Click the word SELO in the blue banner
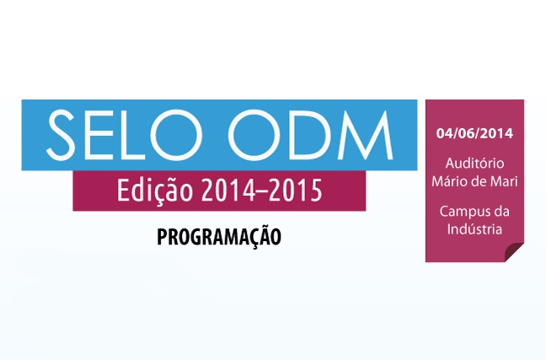[x=125, y=135]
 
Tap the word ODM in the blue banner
[x=311, y=135]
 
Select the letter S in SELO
[x=62, y=135]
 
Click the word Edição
[x=155, y=191]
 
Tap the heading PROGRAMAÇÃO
[x=219, y=237]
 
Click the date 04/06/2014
[x=474, y=133]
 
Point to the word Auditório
[x=474, y=163]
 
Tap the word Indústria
[x=474, y=229]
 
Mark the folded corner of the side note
[x=515, y=252]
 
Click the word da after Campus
[x=499, y=211]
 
